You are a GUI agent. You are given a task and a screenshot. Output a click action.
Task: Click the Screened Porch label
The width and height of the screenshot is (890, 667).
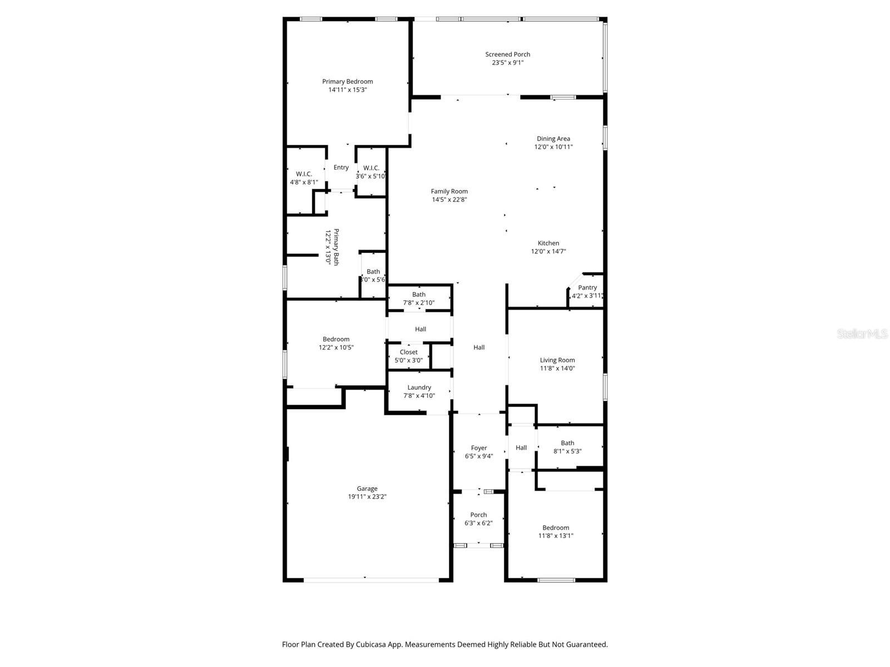click(x=507, y=54)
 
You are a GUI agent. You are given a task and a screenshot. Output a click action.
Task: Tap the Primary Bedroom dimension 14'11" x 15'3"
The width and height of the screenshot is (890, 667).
click(x=348, y=90)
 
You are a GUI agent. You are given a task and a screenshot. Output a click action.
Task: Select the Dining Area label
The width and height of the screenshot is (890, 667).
click(x=553, y=138)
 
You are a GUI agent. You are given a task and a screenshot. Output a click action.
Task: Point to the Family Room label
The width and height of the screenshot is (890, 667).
click(x=449, y=191)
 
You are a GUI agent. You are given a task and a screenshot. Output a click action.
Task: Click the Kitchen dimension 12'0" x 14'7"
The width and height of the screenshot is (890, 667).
click(x=548, y=251)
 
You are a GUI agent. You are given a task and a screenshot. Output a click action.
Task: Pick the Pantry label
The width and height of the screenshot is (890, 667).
click(x=587, y=287)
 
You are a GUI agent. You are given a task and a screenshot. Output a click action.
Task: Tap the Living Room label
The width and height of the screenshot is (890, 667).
click(x=557, y=360)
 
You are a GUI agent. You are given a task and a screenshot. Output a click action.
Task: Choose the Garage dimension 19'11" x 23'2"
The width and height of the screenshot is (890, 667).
click(x=367, y=497)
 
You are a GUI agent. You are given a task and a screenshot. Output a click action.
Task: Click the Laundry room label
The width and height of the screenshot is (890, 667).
click(x=419, y=387)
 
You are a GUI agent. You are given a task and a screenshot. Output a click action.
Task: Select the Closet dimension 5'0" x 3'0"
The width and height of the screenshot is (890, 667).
click(x=408, y=360)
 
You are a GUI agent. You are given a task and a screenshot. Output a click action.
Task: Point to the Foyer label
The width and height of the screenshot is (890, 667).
click(x=478, y=448)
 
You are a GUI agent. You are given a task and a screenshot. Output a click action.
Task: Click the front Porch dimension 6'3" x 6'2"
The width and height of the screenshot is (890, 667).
click(x=478, y=523)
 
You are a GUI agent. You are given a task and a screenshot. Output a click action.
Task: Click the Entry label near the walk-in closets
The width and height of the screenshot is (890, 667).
click(x=341, y=167)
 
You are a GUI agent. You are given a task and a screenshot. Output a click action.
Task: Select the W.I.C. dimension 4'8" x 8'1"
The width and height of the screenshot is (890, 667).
click(x=304, y=183)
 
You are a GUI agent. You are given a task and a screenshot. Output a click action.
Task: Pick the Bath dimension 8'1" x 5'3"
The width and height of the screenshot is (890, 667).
click(x=567, y=451)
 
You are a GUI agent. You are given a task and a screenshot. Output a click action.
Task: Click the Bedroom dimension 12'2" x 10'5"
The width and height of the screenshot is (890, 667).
click(x=336, y=347)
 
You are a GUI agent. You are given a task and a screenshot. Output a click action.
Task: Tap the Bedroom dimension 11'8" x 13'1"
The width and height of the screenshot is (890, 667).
click(x=556, y=536)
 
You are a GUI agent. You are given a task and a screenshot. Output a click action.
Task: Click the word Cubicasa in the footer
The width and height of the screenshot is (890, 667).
click(x=371, y=645)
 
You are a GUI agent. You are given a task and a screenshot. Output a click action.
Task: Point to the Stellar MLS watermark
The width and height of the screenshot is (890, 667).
click(x=862, y=333)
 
